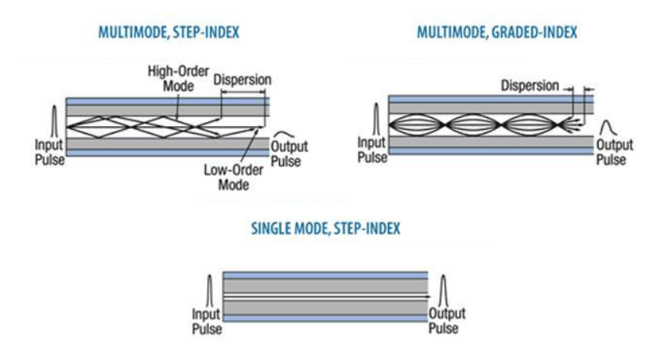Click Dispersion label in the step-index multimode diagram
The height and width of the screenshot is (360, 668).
pyautogui.click(x=241, y=80)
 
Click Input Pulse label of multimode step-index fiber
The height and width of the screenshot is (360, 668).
pyautogui.click(x=49, y=151)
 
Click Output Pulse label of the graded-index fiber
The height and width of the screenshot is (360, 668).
pyautogui.click(x=613, y=152)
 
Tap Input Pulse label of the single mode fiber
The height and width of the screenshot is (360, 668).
pyautogui.click(x=208, y=321)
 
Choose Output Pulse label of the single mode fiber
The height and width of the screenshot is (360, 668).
pyautogui.click(x=447, y=321)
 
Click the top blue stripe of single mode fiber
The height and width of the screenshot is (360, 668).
pyautogui.click(x=325, y=275)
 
